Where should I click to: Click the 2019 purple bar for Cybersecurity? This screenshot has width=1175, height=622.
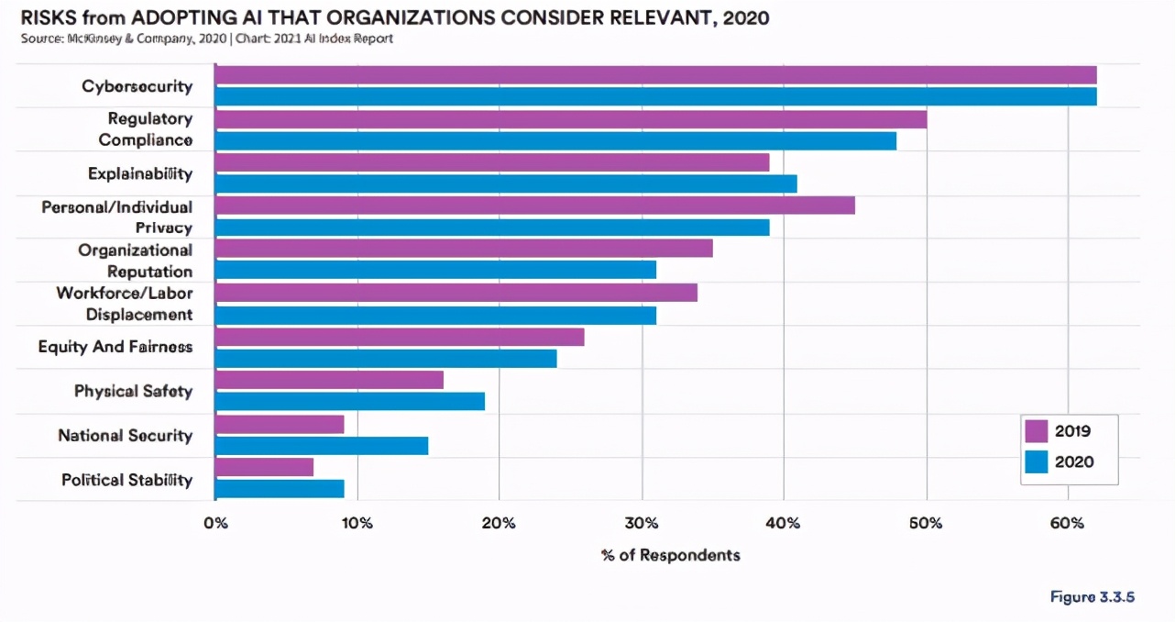pos(655,75)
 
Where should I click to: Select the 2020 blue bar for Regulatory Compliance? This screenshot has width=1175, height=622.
pos(555,140)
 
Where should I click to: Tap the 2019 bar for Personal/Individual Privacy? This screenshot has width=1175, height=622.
pos(534,205)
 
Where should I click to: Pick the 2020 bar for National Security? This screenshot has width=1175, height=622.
pos(322,446)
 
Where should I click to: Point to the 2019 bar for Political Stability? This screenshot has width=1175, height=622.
pos(264,467)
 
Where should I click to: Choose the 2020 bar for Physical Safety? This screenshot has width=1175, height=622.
pos(349,401)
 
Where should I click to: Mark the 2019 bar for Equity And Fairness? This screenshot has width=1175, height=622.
pos(400,337)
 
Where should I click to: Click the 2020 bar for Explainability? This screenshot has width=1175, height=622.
pos(506,183)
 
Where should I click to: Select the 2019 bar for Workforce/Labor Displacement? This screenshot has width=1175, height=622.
pos(456,293)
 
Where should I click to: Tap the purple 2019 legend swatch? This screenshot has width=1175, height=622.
pos(1037,431)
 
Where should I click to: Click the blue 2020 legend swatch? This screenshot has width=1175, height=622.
pos(1037,461)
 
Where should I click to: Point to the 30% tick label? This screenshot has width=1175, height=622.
pos(642,524)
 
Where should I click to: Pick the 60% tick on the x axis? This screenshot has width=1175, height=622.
pos(1067,524)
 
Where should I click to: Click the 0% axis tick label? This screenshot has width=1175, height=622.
pos(214,524)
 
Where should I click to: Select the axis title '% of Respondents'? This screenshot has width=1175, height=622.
pos(670,555)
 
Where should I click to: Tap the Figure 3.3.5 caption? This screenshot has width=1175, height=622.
pos(1093,597)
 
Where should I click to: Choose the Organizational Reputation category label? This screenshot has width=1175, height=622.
pos(136,261)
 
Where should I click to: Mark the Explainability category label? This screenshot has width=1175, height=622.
pos(140,173)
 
